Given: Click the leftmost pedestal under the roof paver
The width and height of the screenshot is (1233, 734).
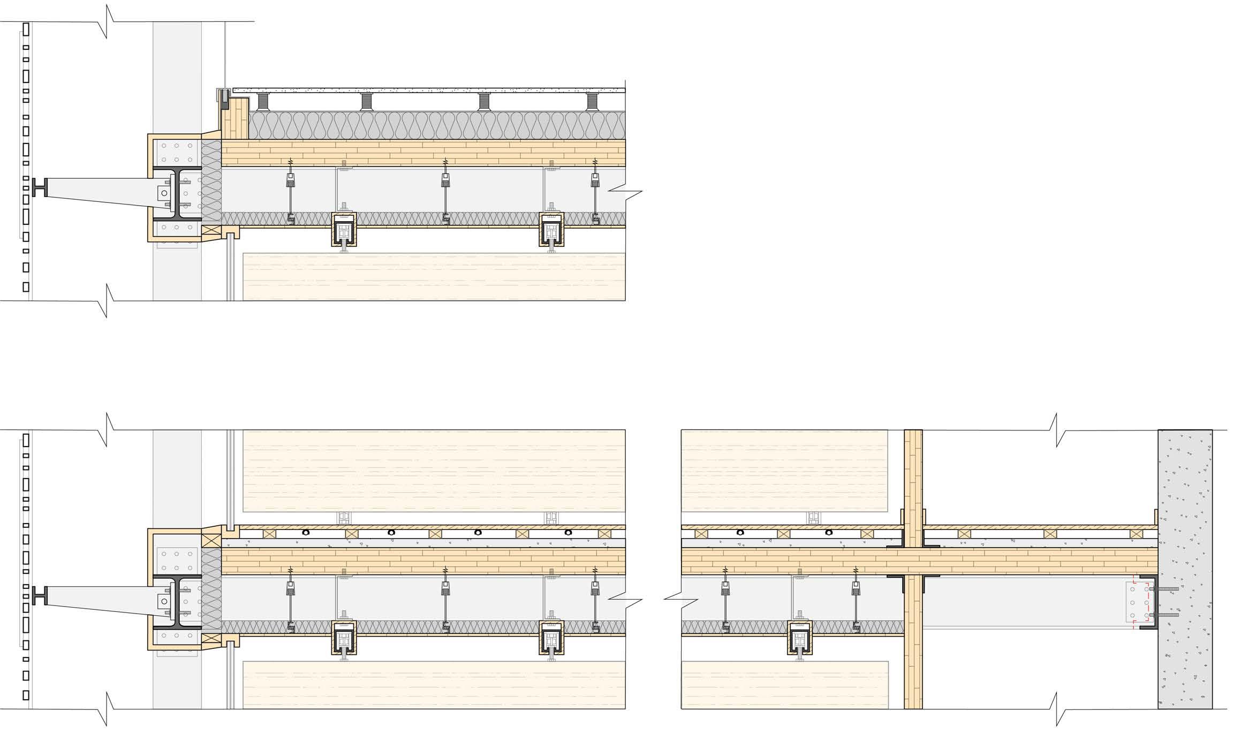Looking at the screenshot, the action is click(262, 102).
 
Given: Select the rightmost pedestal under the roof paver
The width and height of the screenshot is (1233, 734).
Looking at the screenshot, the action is click(593, 102).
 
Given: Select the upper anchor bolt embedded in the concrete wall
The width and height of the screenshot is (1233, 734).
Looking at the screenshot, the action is click(1167, 589).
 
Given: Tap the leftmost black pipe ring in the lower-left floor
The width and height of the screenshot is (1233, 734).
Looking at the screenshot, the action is click(306, 533).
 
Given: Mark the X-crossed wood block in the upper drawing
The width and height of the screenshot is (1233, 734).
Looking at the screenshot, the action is click(210, 231).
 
